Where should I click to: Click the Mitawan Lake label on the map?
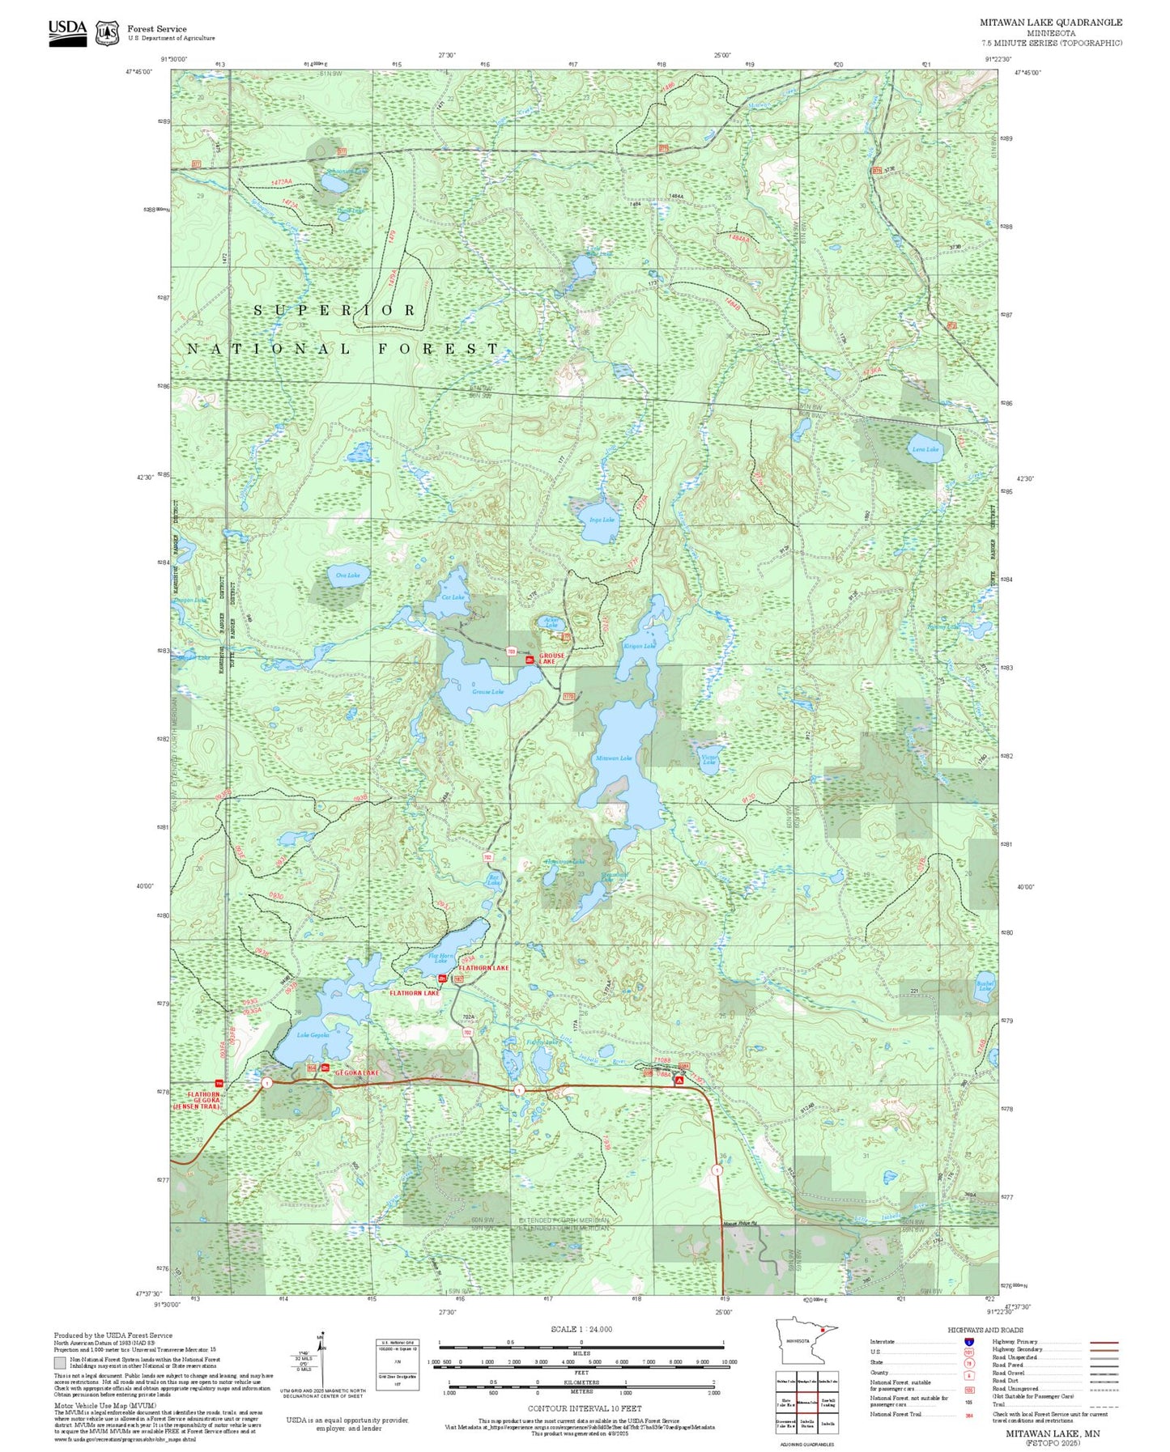(x=613, y=758)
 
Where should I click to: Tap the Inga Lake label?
(x=602, y=520)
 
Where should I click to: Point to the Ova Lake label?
(x=347, y=575)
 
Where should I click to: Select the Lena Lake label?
(x=925, y=449)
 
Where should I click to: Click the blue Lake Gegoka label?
(x=313, y=1035)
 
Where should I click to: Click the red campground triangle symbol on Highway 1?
(x=680, y=1081)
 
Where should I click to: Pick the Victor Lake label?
(x=708, y=759)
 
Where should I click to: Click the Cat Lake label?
(x=453, y=597)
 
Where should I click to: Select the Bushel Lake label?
(x=985, y=986)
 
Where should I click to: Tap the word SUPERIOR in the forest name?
(x=334, y=310)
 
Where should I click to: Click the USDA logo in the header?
(x=67, y=32)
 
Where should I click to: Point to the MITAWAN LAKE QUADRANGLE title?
(x=1050, y=23)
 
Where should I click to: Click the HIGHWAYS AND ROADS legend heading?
(x=985, y=1330)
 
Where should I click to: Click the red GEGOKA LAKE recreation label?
(x=356, y=1072)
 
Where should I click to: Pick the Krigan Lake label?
(x=639, y=646)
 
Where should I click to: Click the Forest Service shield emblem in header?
(x=107, y=33)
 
